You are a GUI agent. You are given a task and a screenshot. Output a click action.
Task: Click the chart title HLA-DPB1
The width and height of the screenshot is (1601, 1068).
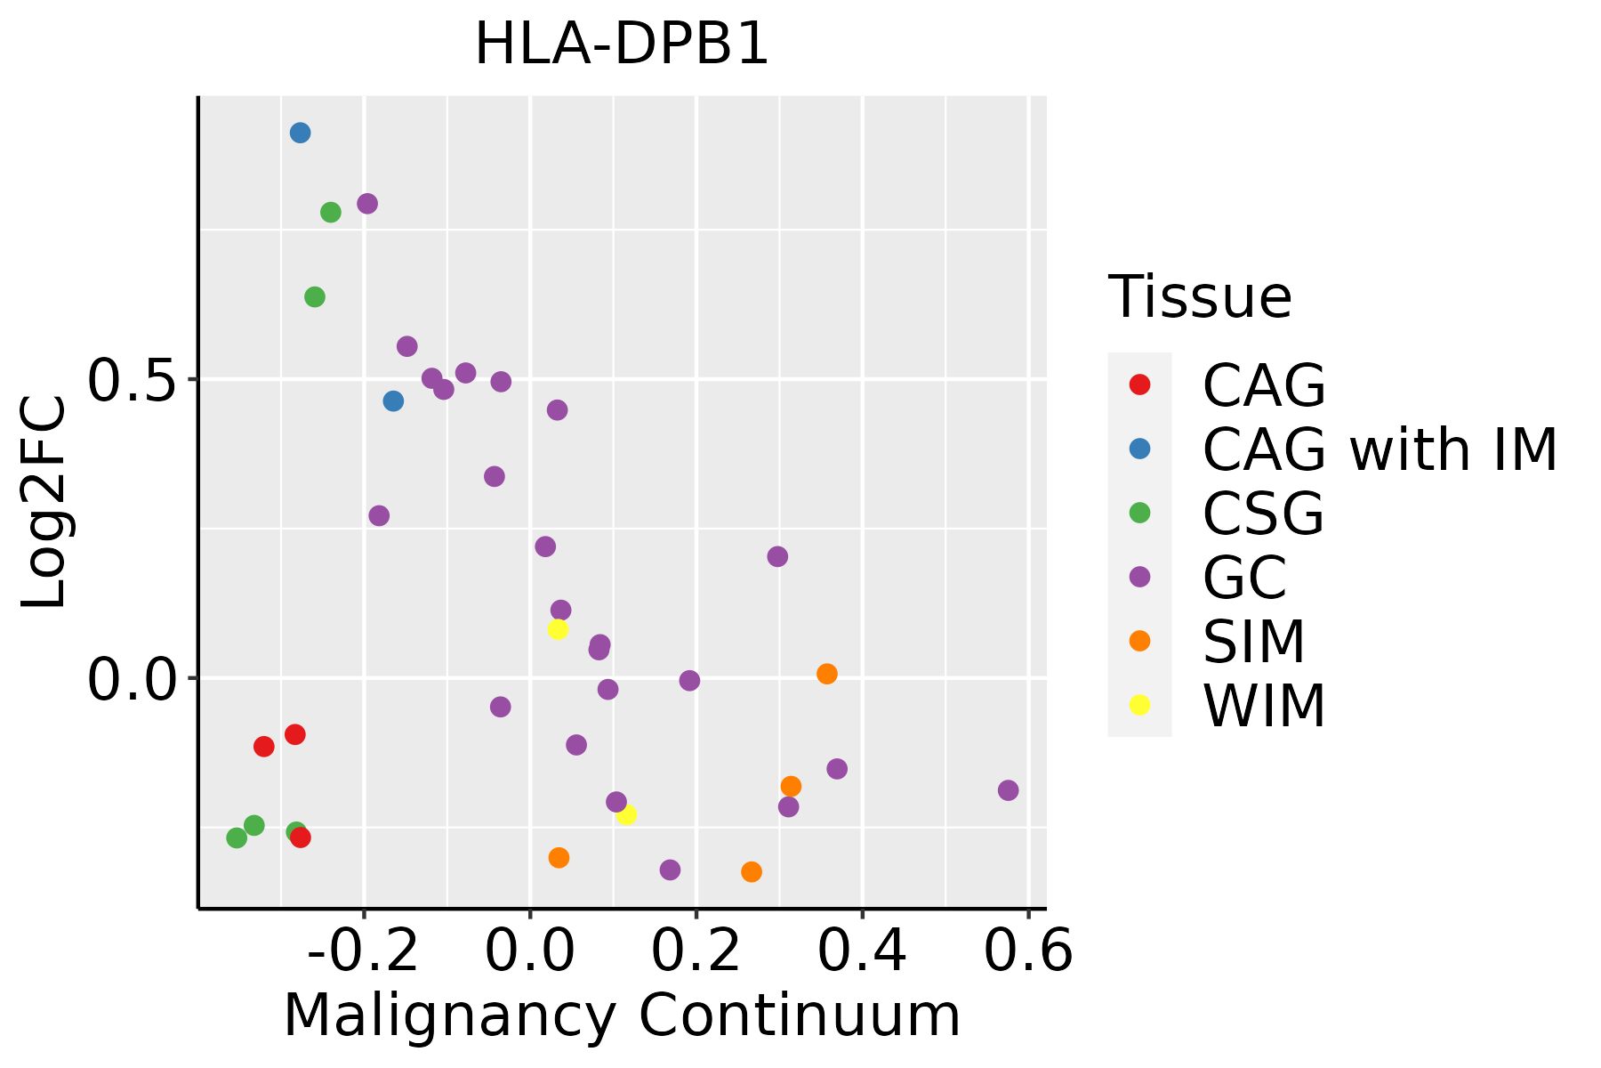click(622, 44)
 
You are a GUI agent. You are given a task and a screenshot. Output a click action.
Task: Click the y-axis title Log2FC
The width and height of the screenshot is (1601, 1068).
click(44, 502)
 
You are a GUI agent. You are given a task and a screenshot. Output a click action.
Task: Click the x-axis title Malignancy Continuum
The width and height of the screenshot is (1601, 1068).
click(622, 1015)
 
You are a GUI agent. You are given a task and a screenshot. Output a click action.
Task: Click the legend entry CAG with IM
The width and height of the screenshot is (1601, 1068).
click(1380, 449)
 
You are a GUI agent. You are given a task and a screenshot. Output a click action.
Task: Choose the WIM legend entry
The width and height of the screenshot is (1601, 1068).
click(1264, 706)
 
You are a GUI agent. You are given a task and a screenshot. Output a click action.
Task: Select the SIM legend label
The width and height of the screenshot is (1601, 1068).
click(1254, 642)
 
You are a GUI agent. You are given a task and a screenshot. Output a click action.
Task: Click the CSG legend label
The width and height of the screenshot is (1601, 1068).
click(1263, 514)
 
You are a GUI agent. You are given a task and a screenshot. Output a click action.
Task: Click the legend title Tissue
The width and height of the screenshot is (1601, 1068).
click(1200, 297)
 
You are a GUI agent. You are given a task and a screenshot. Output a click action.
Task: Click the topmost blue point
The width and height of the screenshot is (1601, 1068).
click(301, 133)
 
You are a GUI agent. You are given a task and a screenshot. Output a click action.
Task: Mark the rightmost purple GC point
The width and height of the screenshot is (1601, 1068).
click(1008, 790)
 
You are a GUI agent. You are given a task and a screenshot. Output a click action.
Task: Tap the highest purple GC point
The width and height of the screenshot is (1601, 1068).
click(367, 204)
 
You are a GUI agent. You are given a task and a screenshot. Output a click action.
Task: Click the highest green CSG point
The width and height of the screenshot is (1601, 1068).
click(331, 213)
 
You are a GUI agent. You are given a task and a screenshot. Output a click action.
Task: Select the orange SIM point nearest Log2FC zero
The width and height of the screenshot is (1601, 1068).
click(827, 674)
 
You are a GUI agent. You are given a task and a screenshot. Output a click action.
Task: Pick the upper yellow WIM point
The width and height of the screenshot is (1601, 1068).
click(558, 629)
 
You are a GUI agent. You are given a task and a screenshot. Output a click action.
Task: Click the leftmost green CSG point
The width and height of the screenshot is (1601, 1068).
click(237, 837)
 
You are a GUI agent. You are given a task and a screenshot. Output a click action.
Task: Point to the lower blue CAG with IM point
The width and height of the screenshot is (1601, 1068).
click(393, 401)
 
